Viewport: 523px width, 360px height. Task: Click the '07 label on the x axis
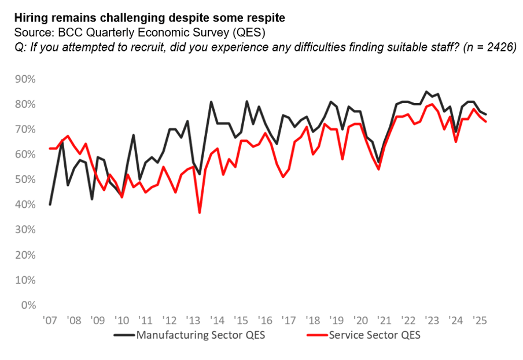tap(50, 320)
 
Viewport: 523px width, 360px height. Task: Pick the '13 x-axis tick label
tap(193, 320)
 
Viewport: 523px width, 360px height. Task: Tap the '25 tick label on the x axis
tap(479, 320)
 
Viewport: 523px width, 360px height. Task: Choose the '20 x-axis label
tap(360, 320)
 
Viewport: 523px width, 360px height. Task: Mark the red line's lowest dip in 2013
tap(200, 212)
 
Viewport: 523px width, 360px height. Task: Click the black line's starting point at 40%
tap(50, 204)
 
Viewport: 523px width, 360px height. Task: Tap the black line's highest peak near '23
tap(426, 91)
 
